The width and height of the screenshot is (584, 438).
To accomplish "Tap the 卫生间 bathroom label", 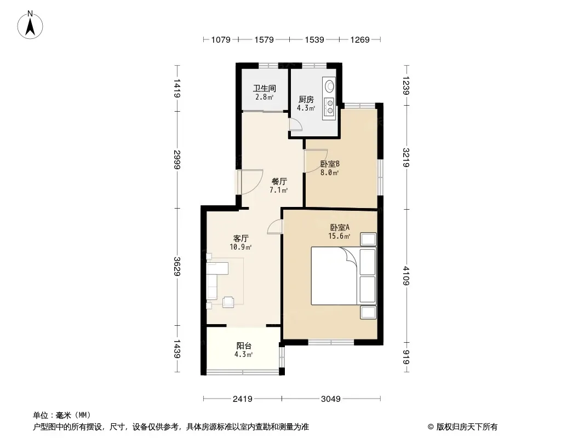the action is (265, 89).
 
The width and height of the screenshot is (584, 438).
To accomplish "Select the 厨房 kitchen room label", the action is (306, 99).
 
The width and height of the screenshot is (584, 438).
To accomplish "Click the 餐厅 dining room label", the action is (279, 182).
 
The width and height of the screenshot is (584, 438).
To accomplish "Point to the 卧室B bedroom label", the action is (330, 164).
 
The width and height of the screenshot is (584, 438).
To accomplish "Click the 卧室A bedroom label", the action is (340, 227).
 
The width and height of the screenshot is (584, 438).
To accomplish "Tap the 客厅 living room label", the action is (241, 238).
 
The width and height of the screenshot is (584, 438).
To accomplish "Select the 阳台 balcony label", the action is (244, 346).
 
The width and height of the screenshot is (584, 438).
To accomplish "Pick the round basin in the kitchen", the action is (330, 86).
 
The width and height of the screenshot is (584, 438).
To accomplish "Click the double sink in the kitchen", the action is (330, 106).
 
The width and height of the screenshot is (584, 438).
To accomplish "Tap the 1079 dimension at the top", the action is (221, 39).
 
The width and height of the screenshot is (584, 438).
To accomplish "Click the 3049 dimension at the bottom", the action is (331, 399).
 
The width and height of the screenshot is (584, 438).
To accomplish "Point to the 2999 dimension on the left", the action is (177, 160).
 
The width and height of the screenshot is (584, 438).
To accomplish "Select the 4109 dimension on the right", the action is (406, 276).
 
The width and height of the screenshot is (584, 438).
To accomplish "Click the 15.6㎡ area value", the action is (339, 236).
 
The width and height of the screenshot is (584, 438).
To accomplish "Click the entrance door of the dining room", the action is (249, 182).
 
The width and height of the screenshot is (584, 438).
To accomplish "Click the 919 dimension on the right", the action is (406, 358).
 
